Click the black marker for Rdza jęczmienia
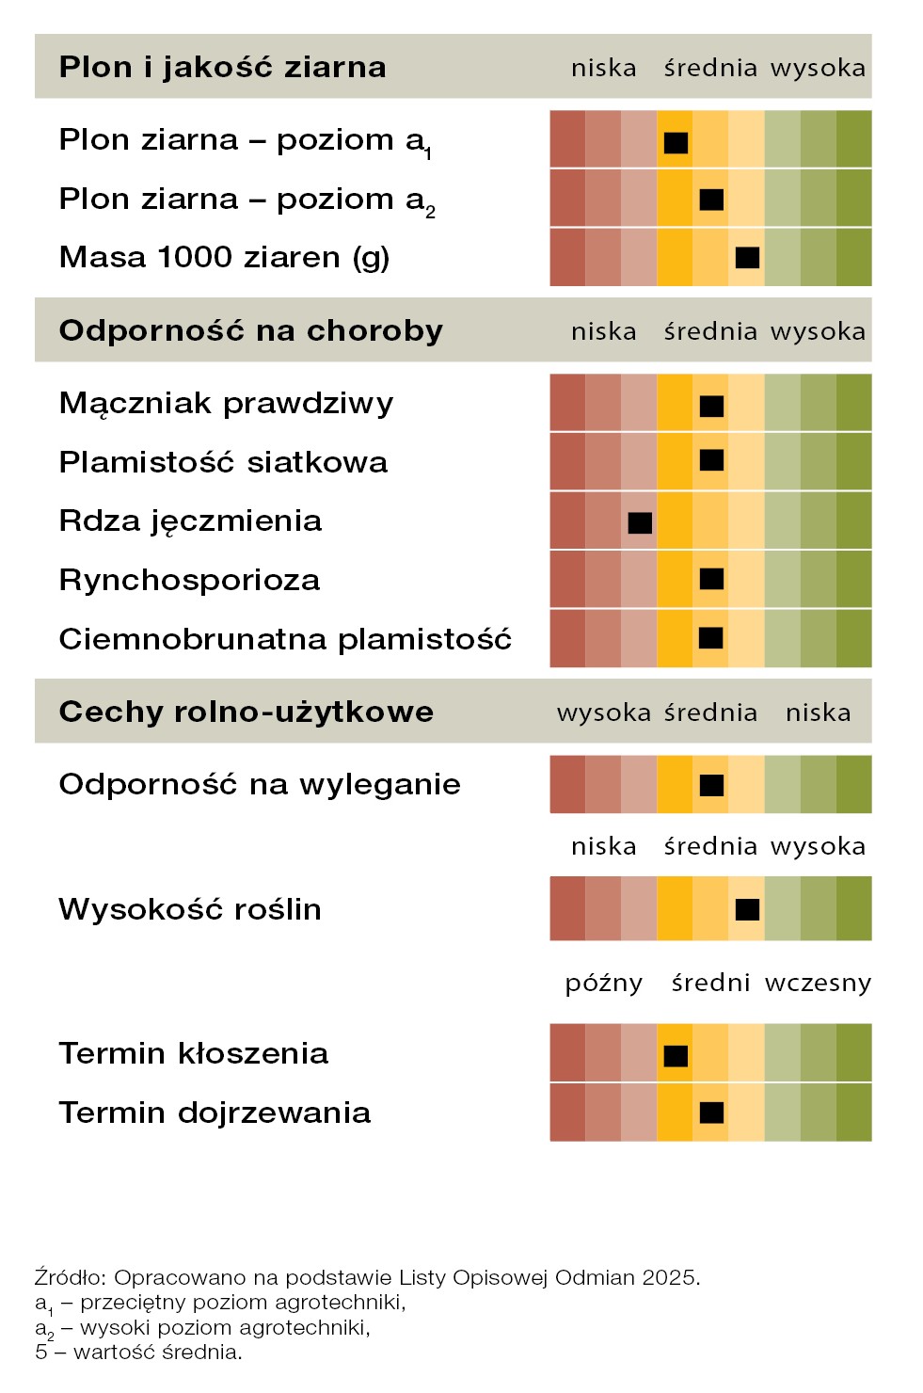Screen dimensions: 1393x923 click(640, 522)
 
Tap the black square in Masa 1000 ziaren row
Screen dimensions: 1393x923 click(747, 257)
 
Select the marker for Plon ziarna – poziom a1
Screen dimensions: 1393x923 click(676, 142)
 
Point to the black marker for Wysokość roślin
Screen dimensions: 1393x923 click(747, 909)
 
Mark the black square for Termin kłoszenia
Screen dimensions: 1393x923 click(676, 1055)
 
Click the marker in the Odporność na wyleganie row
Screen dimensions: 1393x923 click(711, 785)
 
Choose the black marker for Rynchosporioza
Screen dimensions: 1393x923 click(711, 579)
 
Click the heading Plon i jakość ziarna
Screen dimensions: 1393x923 click(222, 67)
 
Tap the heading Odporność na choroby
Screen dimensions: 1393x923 click(250, 330)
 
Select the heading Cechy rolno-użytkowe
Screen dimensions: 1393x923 click(246, 712)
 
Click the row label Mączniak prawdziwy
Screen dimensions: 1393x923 click(226, 404)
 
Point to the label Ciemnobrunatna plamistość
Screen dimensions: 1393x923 click(285, 639)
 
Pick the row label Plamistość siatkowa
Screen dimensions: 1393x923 click(223, 462)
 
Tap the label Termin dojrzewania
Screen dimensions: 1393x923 click(215, 1113)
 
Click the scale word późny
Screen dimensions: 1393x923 click(603, 984)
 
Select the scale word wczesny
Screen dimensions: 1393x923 click(818, 983)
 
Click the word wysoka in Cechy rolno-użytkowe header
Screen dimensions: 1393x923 click(603, 713)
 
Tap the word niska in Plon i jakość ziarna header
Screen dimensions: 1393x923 click(603, 68)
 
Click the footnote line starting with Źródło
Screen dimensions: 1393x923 click(367, 1277)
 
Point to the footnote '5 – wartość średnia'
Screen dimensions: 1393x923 click(138, 1353)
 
